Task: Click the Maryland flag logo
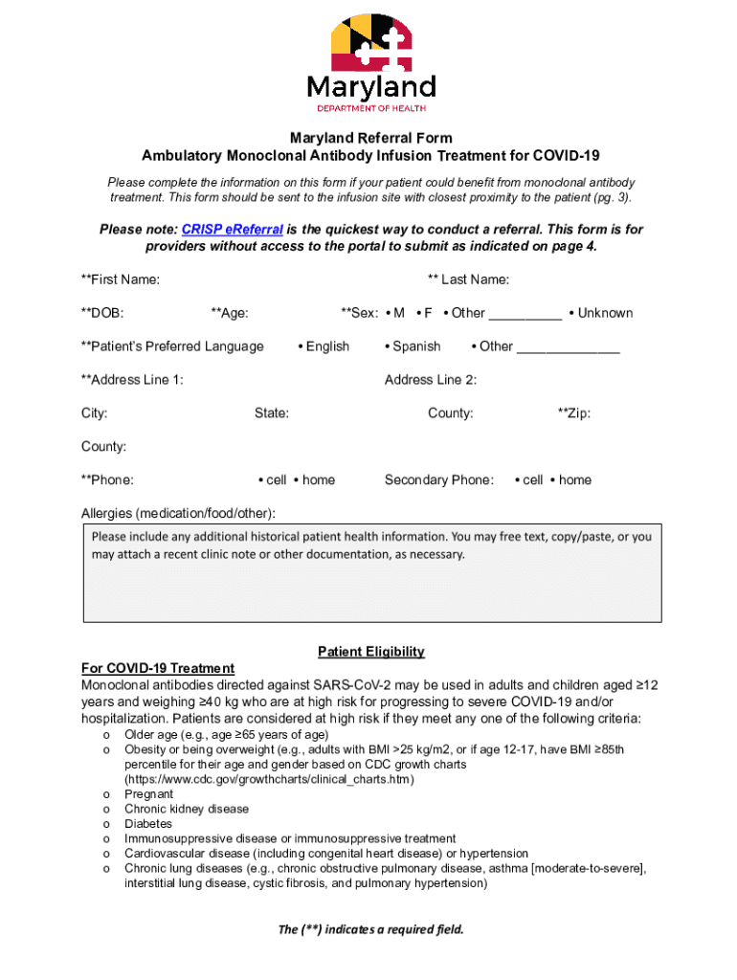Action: click(x=371, y=45)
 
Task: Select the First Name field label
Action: click(x=121, y=279)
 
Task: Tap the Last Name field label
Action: click(x=468, y=279)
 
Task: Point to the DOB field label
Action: click(x=102, y=313)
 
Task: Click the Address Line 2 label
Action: click(x=431, y=380)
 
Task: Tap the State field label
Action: click(x=272, y=413)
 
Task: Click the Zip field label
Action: click(x=574, y=413)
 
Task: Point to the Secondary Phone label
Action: click(x=439, y=479)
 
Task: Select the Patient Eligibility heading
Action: click(x=370, y=652)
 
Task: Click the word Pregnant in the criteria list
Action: click(x=148, y=794)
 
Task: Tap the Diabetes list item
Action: click(x=148, y=823)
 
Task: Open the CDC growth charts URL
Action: click(x=269, y=779)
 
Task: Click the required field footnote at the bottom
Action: click(x=370, y=929)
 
